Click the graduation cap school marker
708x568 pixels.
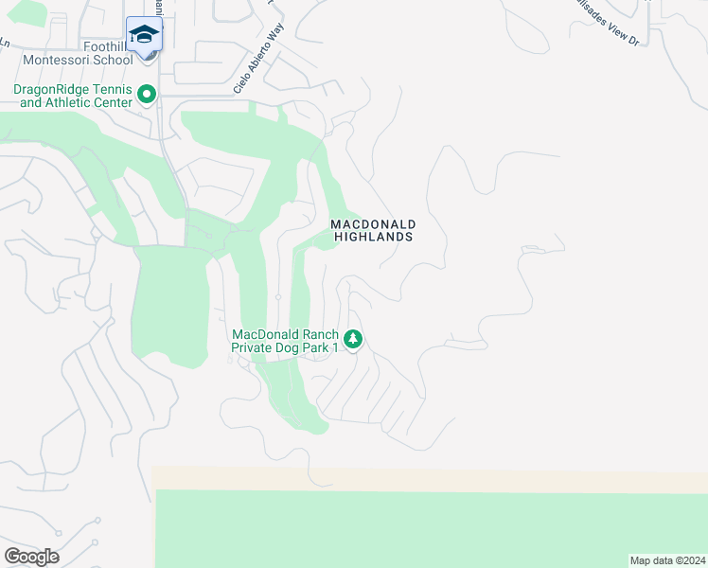(x=144, y=35)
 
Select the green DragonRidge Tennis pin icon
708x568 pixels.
(x=147, y=95)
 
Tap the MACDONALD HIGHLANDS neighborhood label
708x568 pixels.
(x=373, y=230)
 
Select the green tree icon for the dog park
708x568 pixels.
(x=352, y=339)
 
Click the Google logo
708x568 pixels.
(x=31, y=557)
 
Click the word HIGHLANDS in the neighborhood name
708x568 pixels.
(x=373, y=237)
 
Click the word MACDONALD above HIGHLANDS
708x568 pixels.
(x=373, y=224)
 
